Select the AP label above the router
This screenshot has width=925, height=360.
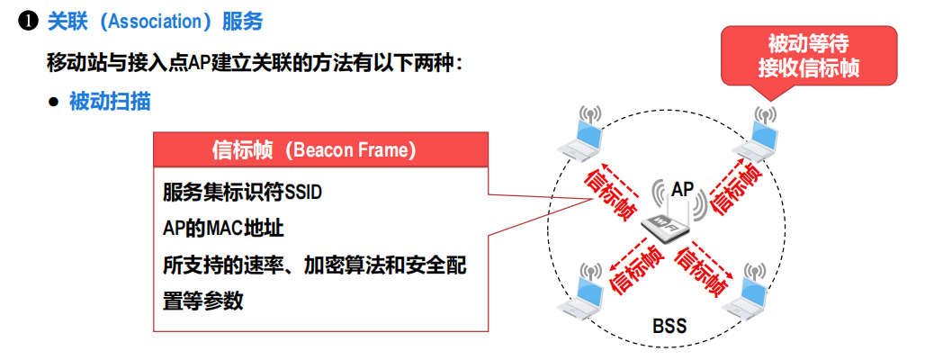[683, 190]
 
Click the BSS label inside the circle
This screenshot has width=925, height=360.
[669, 326]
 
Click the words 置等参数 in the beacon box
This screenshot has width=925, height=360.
[203, 301]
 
